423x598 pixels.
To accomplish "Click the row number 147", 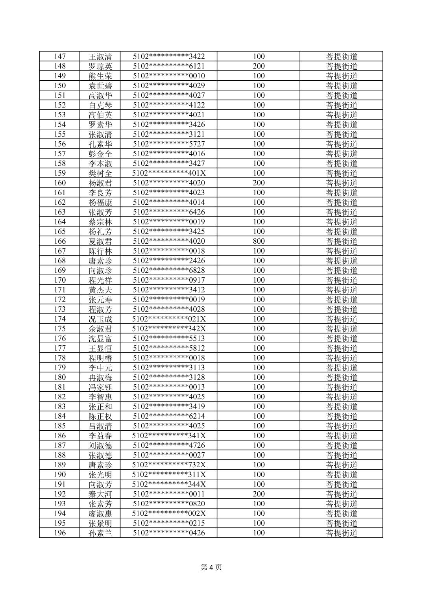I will point(60,56).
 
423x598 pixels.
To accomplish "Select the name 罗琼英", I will point(100,66).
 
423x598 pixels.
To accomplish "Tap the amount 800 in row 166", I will point(259,241).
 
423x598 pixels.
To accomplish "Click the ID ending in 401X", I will point(169,173).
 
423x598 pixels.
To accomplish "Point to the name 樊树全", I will point(100,173).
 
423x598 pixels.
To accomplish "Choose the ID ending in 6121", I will point(169,66).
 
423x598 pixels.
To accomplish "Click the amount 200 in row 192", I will point(259,494).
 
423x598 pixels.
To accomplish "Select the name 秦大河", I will point(100,494).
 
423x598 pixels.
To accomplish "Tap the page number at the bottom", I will point(211,567).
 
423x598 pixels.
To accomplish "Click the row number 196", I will point(60,533).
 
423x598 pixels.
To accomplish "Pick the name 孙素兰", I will point(100,533).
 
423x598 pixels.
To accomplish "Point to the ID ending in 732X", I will point(169,465).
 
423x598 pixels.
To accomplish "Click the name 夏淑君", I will point(100,241).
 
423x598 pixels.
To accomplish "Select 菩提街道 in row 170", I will point(342,280).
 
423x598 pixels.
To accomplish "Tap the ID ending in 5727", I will point(169,144).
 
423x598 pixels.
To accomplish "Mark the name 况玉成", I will point(100,319).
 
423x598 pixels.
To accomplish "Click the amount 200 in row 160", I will point(259,183).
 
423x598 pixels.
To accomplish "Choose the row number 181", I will point(60,387).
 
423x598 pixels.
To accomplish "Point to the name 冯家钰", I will point(100,387).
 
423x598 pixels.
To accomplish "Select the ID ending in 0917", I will point(169,280).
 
